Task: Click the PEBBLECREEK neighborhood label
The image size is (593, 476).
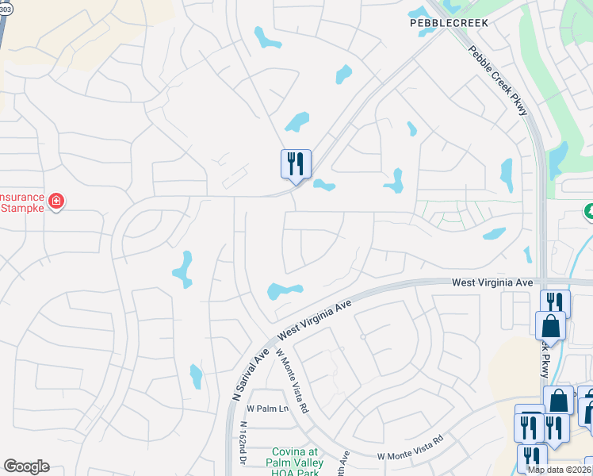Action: (x=449, y=23)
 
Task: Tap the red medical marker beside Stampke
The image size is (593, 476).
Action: (x=56, y=202)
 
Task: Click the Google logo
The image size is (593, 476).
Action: (x=26, y=466)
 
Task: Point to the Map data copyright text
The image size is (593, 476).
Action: (x=560, y=470)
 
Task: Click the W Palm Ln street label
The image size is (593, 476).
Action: (x=266, y=409)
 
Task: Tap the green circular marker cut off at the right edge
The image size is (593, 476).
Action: (x=589, y=212)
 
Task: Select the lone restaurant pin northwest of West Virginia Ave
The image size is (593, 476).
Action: (x=296, y=165)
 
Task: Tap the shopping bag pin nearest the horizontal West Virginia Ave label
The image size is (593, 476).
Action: (x=550, y=325)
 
